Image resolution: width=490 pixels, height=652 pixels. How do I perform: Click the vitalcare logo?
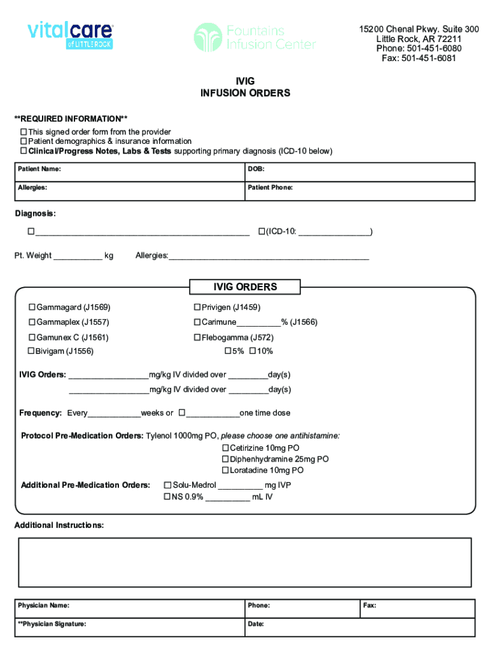pyautogui.click(x=70, y=37)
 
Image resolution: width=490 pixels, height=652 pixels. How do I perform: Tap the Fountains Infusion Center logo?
pyautogui.click(x=255, y=37)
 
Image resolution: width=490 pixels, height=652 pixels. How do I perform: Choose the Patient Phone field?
pyautogui.click(x=360, y=191)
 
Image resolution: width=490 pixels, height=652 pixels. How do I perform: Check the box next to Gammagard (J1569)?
pyautogui.click(x=31, y=308)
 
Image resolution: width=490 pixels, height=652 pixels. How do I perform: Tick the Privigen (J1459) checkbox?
pyautogui.click(x=197, y=308)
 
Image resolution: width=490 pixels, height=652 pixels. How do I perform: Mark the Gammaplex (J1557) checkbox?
pyautogui.click(x=31, y=322)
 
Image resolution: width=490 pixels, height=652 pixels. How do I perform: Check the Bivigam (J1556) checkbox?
pyautogui.click(x=30, y=351)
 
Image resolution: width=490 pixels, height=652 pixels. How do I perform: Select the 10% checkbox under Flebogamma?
pyautogui.click(x=253, y=351)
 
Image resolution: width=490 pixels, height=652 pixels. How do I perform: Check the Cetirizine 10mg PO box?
pyautogui.click(x=225, y=448)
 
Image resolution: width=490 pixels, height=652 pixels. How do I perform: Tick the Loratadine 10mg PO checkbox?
pyautogui.click(x=225, y=471)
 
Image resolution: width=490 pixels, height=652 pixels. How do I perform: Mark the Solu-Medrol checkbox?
pyautogui.click(x=168, y=485)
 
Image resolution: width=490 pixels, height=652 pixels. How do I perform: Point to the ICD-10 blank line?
pyautogui.click(x=334, y=232)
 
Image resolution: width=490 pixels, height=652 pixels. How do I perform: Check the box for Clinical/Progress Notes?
pyautogui.click(x=24, y=152)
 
